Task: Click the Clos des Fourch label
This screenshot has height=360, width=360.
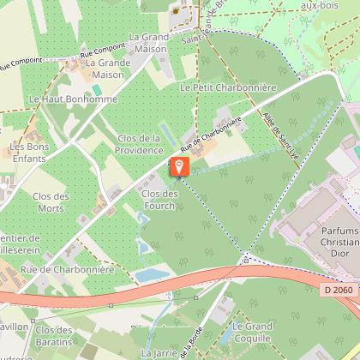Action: pos(159,199)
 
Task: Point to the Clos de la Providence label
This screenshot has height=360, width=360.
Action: pos(139,143)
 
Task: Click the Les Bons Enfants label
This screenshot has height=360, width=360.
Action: pos(28,152)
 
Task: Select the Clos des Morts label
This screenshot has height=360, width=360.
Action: pos(50,201)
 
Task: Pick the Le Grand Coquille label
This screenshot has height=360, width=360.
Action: pos(252,331)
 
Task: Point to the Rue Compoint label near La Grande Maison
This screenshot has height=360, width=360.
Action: pos(98,55)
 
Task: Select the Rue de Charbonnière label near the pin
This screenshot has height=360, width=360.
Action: pos(202,139)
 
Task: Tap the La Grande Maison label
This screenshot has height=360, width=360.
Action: pos(106,69)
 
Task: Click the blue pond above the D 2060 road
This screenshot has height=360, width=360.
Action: pos(153,274)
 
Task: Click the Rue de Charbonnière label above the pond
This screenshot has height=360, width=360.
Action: pos(67,269)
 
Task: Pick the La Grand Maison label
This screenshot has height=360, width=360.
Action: pos(149,43)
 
